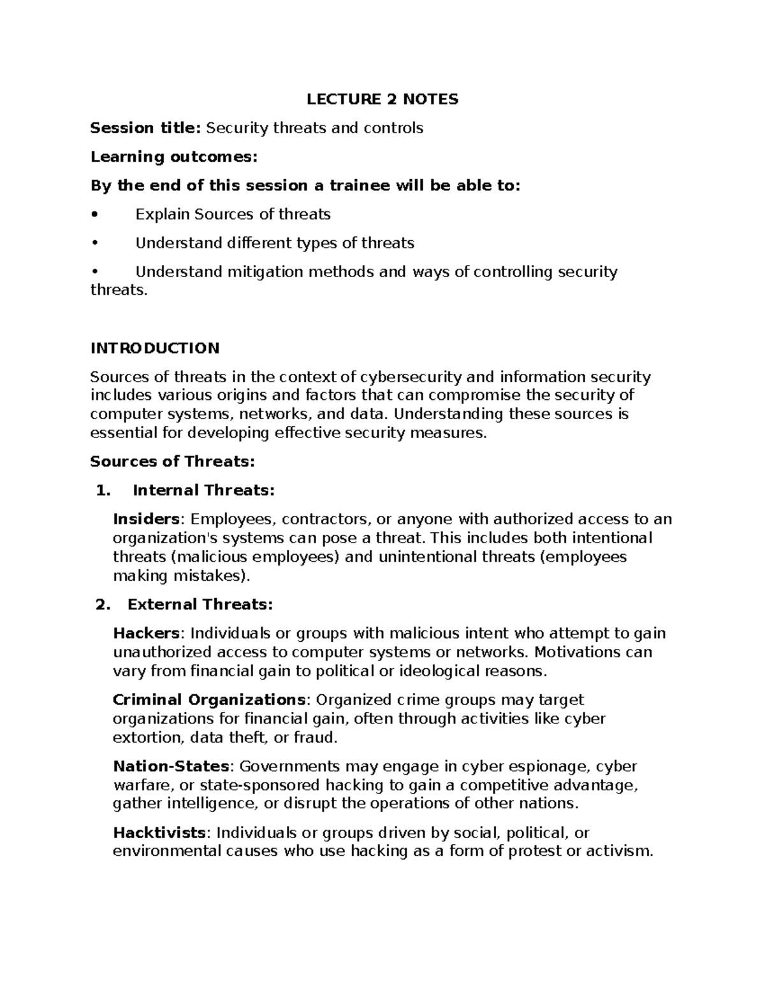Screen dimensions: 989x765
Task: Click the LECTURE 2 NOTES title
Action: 382,99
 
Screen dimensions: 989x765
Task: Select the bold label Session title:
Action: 145,128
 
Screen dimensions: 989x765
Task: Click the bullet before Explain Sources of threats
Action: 94,215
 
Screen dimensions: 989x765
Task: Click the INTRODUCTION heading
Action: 155,348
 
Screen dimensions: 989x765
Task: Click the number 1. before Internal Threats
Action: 102,490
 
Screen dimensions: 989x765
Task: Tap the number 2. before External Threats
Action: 102,604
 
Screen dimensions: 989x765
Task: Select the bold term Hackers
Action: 147,633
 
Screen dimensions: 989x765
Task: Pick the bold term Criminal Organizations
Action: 209,700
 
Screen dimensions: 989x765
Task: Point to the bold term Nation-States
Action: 171,766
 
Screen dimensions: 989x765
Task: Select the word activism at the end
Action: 618,851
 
